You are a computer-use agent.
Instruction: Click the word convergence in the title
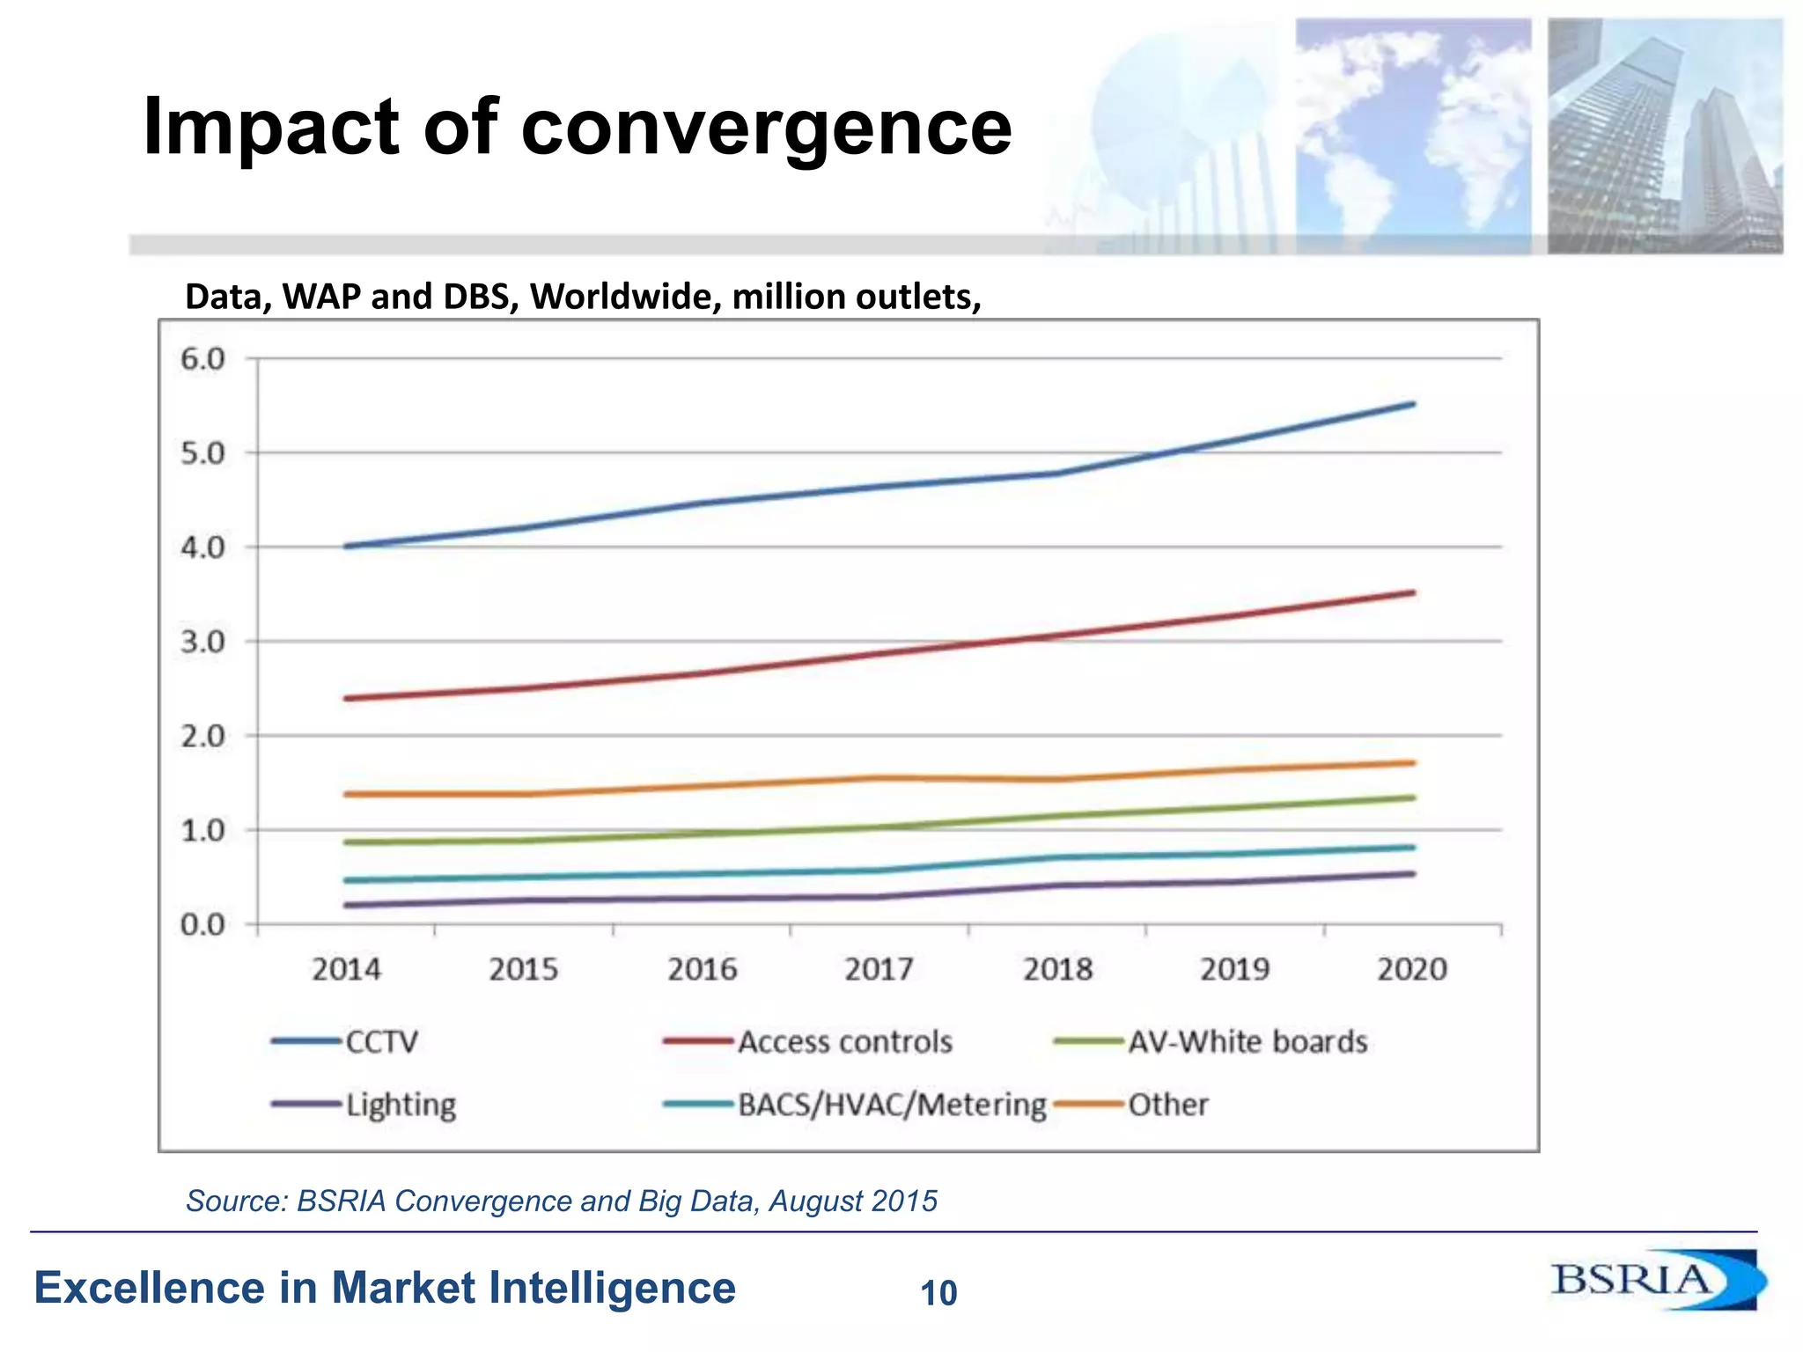click(766, 128)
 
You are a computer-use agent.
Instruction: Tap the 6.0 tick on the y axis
click(202, 359)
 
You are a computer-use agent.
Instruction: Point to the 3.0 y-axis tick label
click(202, 642)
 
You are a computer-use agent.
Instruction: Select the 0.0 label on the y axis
click(202, 925)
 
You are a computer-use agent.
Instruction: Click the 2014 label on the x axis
click(346, 969)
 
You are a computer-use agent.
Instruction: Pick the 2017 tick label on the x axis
click(879, 969)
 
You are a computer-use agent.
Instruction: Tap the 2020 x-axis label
click(1411, 969)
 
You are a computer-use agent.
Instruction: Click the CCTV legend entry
click(380, 1042)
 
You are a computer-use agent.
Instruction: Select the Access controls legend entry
click(843, 1042)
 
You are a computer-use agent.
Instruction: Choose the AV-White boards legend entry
click(1247, 1042)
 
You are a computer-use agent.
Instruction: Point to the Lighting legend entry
click(400, 1105)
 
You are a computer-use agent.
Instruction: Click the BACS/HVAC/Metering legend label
click(891, 1105)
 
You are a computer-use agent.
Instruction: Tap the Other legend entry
click(1167, 1105)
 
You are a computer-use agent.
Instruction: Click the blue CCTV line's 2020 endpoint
click(1412, 404)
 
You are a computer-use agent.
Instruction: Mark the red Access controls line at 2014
click(346, 698)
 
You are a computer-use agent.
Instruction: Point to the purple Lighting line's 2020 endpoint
click(1412, 874)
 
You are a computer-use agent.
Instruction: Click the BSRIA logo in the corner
click(1655, 1280)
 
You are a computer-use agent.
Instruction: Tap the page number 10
click(938, 1293)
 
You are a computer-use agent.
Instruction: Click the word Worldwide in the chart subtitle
click(626, 297)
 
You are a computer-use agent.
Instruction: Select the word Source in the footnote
click(234, 1201)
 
